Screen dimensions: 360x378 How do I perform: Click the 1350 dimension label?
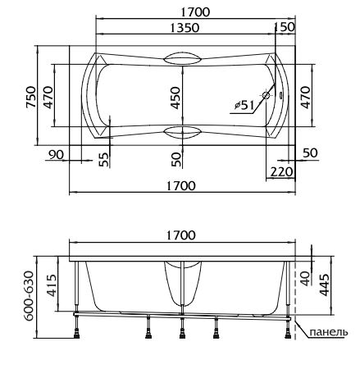coord(185,28)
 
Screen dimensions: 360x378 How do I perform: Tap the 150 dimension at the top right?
coord(285,27)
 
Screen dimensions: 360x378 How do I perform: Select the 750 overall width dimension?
coord(31,97)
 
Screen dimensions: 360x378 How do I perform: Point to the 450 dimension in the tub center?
coord(175,98)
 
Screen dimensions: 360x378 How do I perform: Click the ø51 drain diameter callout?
coord(244,105)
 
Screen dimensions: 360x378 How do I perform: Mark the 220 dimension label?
coord(281,172)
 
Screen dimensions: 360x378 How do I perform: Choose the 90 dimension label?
coord(56,155)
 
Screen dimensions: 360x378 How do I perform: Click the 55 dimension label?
coord(104,159)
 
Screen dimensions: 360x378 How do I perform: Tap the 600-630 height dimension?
coord(29,295)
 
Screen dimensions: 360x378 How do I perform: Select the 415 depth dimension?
coord(52,285)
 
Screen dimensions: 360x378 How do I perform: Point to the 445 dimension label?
coord(324,285)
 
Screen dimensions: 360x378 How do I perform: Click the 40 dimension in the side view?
coord(306,279)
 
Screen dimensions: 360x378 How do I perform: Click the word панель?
coord(329,332)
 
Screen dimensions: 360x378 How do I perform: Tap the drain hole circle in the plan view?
coord(266,95)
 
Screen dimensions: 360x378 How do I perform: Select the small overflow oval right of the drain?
coord(280,96)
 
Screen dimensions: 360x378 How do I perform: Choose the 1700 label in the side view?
coord(181,235)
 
